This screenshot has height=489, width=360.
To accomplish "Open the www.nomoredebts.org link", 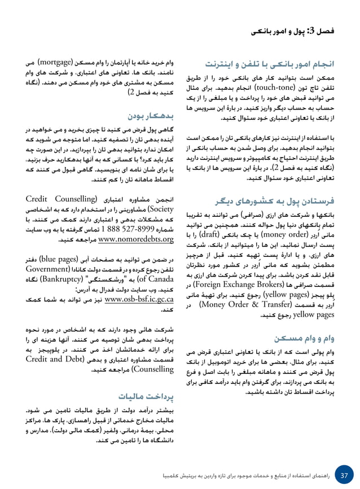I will click(135, 240).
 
